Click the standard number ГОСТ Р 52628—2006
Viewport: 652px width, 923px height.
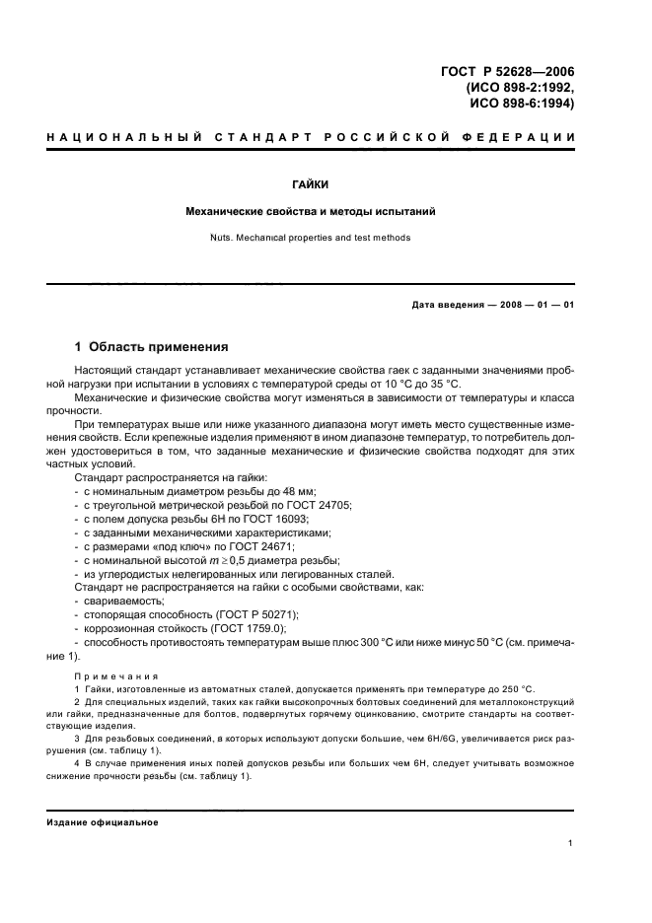point(508,71)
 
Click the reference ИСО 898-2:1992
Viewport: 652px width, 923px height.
point(520,87)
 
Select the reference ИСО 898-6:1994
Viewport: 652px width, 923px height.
point(522,103)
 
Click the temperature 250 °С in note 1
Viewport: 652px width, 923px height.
point(517,688)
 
